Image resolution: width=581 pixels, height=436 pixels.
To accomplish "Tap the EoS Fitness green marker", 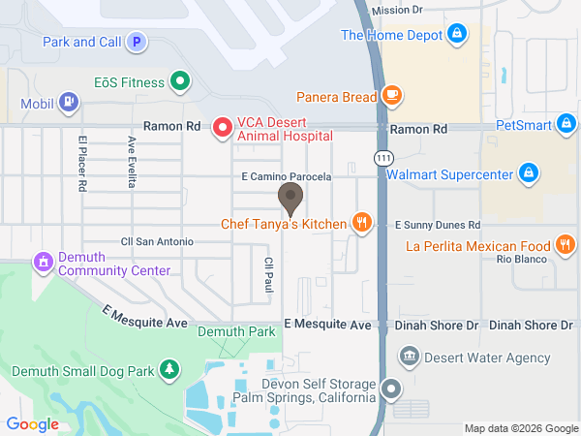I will click(179, 81).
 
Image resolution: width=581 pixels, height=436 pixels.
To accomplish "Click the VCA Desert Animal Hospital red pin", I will click(222, 126).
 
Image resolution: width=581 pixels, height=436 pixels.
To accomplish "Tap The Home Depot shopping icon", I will click(456, 36).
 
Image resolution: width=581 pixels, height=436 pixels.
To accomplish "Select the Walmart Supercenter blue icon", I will click(528, 174).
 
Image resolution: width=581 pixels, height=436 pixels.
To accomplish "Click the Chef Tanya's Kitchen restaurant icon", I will click(361, 224).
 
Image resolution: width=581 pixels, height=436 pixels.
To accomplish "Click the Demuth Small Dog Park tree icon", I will click(169, 368).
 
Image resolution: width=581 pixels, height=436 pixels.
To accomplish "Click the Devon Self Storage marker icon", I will click(391, 389).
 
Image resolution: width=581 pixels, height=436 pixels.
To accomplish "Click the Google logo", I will click(32, 423).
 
